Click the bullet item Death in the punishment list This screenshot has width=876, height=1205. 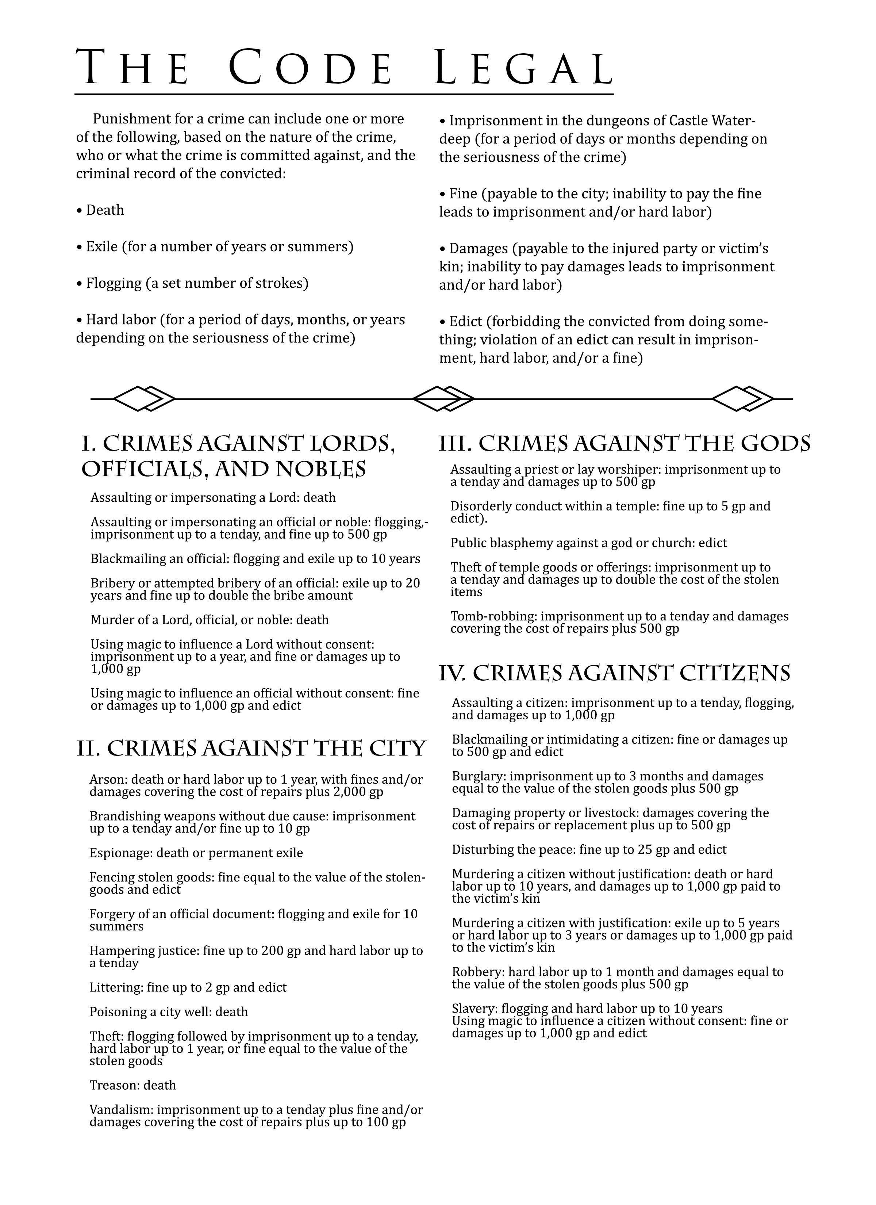coord(105,210)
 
